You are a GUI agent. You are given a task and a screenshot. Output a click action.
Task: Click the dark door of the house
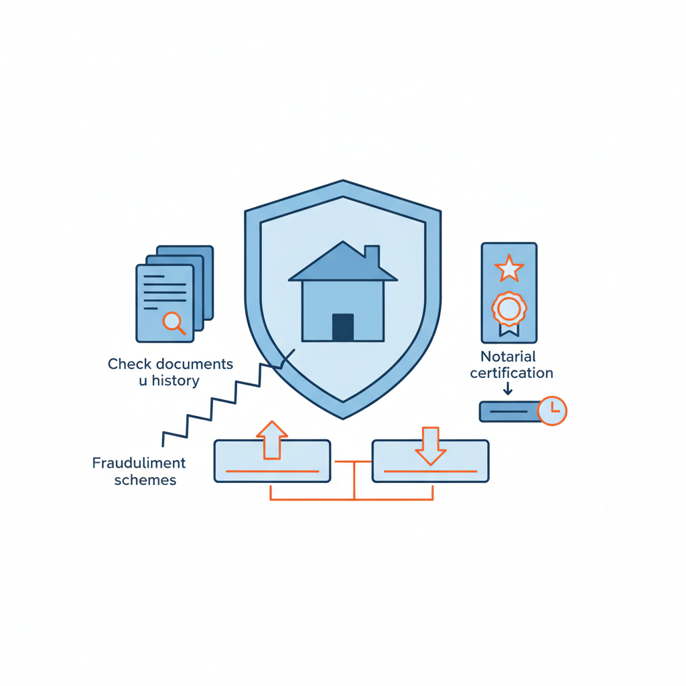point(342,327)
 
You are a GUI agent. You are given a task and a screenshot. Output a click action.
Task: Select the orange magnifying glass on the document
point(174,322)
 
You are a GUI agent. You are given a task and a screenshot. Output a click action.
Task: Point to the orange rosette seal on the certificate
point(508,309)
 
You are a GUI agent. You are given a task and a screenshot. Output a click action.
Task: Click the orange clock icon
point(552,410)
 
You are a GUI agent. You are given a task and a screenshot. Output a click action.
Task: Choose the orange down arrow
point(430,446)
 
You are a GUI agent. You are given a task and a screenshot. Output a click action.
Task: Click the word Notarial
point(508,356)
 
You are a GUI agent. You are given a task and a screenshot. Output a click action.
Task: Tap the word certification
point(511,372)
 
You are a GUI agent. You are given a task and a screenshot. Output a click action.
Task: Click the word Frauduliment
point(139,463)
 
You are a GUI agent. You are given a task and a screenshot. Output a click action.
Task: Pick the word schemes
point(145,480)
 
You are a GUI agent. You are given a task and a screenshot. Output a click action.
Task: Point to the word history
point(176,381)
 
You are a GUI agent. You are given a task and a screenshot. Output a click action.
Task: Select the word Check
point(129,364)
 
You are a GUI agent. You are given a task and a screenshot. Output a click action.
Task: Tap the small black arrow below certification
point(508,388)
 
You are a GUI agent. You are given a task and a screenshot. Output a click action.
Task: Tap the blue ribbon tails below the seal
point(508,329)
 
